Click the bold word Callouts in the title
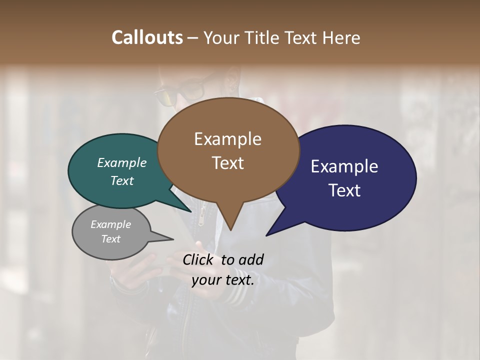point(147,37)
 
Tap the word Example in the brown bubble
point(227,139)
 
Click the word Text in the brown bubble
point(227,163)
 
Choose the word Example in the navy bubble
point(344,166)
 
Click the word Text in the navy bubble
point(344,190)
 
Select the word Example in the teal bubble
point(122,163)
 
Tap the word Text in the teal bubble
point(122,181)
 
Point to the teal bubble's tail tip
point(190,211)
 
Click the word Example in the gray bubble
point(110,224)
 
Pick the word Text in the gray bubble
point(110,239)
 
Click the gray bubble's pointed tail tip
point(173,239)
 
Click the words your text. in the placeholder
point(222,280)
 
